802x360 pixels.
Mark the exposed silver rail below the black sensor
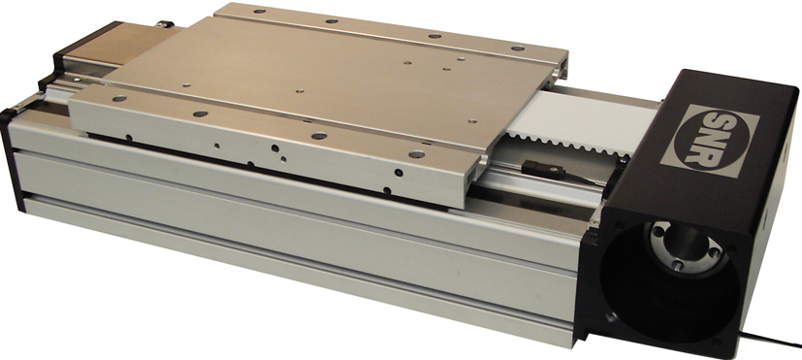pyautogui.click(x=543, y=184)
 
